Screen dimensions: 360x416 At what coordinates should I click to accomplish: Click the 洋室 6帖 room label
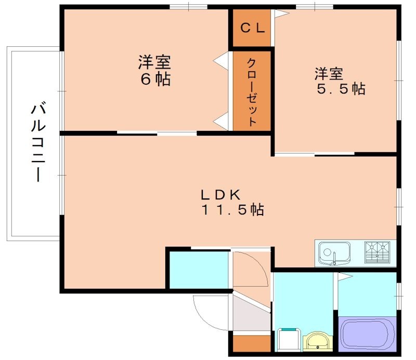point(154,71)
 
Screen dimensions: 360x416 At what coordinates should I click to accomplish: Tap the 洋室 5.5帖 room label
point(340,81)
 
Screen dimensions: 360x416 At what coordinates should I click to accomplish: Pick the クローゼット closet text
point(252,91)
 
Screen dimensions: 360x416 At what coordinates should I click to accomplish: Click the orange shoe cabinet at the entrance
point(252,344)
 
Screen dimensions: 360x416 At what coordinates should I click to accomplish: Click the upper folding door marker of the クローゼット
point(223,60)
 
